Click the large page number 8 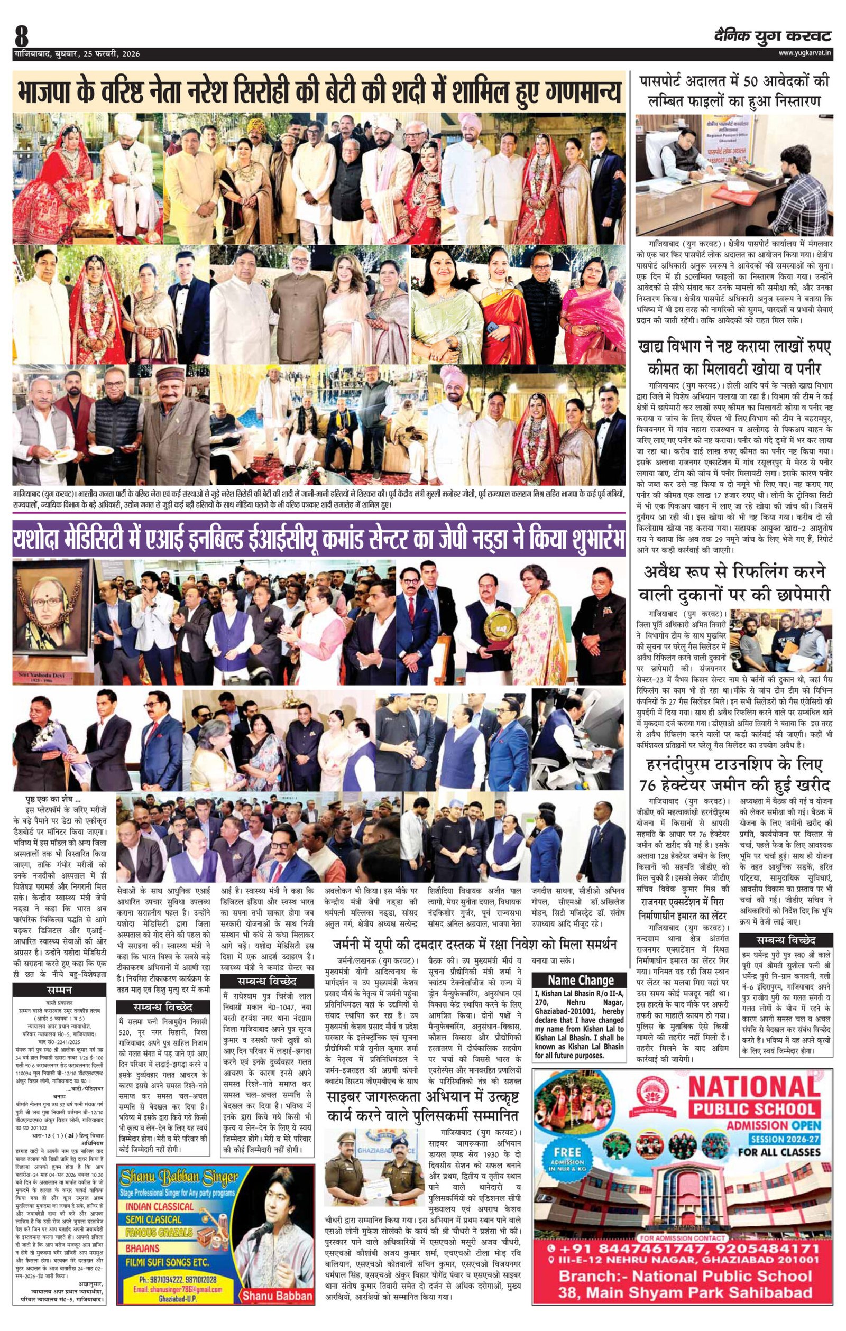(x=22, y=37)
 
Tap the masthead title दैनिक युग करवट (x=771, y=36)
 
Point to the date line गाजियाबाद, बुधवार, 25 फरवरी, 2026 (x=77, y=54)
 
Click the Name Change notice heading (x=580, y=980)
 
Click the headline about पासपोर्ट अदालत (x=734, y=92)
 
